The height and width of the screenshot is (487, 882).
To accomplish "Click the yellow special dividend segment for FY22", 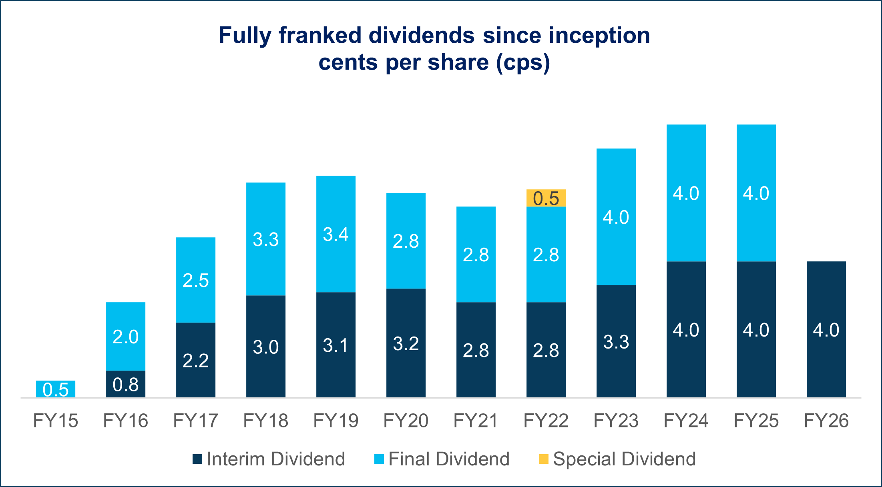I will [546, 198].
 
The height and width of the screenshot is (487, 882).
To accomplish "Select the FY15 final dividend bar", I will [56, 389].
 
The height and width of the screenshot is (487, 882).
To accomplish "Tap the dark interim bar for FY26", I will [826, 329].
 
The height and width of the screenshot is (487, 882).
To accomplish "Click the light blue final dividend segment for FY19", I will [336, 234].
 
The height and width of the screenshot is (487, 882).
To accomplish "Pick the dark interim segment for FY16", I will [125, 384].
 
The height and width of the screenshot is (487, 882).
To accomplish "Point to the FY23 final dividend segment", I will [616, 216].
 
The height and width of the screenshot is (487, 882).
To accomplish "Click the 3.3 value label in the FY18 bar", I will [265, 239].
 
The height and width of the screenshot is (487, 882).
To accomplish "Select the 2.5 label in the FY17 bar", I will [195, 280].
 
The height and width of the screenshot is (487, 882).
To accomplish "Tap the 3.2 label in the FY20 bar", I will [406, 343].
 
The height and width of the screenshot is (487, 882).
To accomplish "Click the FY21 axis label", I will [476, 421].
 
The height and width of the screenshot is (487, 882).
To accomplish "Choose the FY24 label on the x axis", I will [686, 421].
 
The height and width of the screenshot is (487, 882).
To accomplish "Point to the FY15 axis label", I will [56, 421].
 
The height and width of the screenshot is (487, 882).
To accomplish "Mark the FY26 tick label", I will [826, 421].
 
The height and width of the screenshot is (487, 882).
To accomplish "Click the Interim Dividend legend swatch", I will [197, 459].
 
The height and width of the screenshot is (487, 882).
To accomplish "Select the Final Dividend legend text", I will [449, 459].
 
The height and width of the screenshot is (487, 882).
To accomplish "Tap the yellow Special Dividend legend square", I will [543, 459].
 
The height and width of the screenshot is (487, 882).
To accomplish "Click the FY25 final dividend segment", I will [756, 193].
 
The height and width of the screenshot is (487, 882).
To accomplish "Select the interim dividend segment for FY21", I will [476, 350].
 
